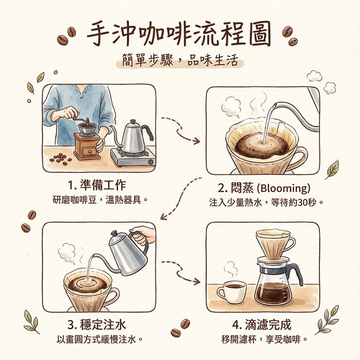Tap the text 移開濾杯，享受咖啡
[x=262, y=340]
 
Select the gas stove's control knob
[x=150, y=162]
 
